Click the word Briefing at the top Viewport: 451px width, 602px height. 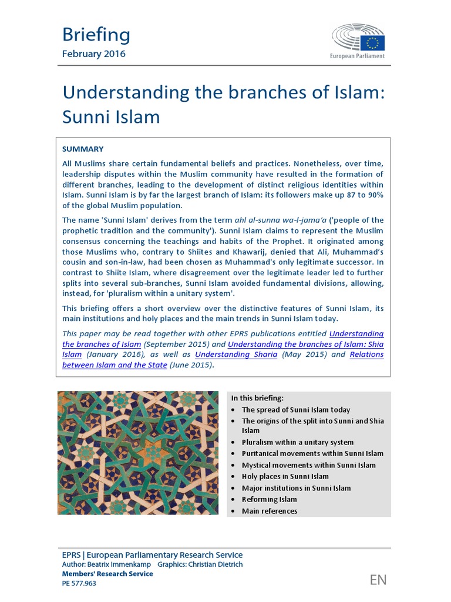96,35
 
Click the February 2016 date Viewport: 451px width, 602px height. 93,54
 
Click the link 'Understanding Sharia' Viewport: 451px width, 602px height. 236,354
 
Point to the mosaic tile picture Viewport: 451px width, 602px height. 138,453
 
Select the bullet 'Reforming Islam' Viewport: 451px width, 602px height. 270,499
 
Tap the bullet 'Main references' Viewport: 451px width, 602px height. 270,511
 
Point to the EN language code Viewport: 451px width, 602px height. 378,580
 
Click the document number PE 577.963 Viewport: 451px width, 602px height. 79,583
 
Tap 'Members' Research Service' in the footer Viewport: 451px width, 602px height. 107,574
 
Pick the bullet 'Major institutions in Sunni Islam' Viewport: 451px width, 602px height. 296,488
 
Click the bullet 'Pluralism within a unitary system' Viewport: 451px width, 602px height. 297,442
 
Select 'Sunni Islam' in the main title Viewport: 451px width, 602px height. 111,116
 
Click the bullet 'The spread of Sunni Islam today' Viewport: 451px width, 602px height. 295,410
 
